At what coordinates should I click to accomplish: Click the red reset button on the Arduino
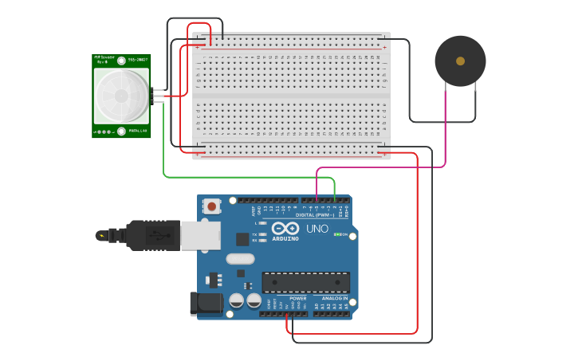pyautogui.click(x=212, y=206)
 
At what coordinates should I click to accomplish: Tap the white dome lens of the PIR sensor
pyautogui.click(x=121, y=96)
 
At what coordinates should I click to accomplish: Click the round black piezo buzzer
pyautogui.click(x=460, y=61)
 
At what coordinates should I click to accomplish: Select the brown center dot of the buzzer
pyautogui.click(x=460, y=61)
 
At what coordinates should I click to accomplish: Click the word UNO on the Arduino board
pyautogui.click(x=317, y=230)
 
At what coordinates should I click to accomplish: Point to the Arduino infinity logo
pyautogui.click(x=285, y=229)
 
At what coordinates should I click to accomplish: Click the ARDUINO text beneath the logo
pyautogui.click(x=285, y=238)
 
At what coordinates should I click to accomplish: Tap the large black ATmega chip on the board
pyautogui.click(x=306, y=282)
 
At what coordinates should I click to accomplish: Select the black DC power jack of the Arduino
pyautogui.click(x=205, y=304)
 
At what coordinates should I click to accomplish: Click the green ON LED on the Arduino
pyautogui.click(x=338, y=234)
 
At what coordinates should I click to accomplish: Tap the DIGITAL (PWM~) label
pyautogui.click(x=317, y=214)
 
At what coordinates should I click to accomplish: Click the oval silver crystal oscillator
pyautogui.click(x=239, y=258)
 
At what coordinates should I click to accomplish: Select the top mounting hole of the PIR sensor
pyautogui.click(x=121, y=61)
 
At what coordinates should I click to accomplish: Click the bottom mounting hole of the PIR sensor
pyautogui.click(x=121, y=131)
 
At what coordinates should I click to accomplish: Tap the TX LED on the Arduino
pyautogui.click(x=261, y=234)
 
